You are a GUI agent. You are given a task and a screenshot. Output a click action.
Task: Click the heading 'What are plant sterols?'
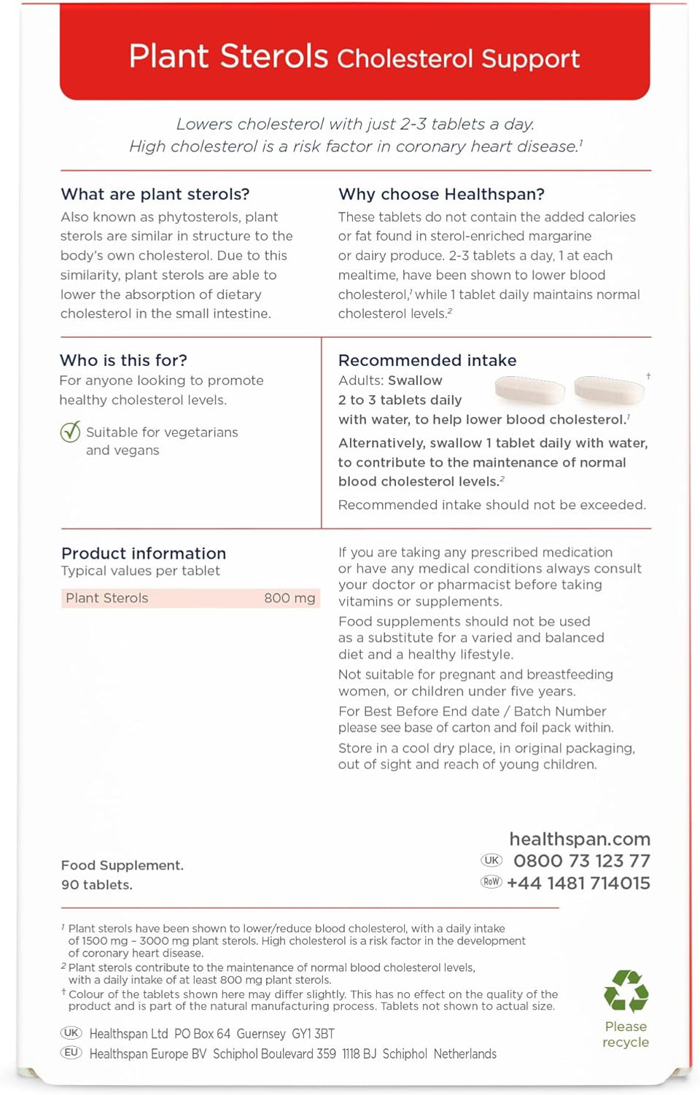click(155, 194)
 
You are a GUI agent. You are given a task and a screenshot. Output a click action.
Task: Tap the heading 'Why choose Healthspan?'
click(441, 194)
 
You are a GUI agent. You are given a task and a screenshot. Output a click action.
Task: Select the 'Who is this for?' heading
click(123, 360)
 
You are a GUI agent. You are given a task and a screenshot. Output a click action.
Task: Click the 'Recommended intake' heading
click(427, 360)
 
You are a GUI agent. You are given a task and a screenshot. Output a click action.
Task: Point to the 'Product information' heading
click(144, 553)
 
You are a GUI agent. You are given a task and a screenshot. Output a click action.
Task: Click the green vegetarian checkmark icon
click(71, 432)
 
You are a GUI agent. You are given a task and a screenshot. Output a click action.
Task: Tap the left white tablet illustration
click(530, 390)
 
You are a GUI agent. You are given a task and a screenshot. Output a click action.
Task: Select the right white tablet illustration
click(609, 390)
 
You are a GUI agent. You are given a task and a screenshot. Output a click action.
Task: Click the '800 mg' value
click(289, 598)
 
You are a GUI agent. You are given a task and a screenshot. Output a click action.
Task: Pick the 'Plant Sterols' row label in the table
click(107, 598)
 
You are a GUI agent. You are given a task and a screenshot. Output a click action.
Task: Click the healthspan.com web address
click(580, 839)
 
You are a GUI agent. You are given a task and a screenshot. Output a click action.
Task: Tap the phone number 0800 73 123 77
click(582, 861)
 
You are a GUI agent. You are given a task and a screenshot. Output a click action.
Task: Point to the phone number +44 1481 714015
click(578, 883)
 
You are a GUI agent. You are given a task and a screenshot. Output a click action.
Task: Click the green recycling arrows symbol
click(626, 991)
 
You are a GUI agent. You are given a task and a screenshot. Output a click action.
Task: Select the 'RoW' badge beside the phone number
click(491, 882)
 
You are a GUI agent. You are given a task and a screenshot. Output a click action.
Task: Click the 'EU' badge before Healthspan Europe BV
click(71, 1053)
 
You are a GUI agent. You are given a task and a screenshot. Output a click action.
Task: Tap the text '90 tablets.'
click(97, 884)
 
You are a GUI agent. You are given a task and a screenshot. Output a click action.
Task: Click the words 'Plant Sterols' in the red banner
click(228, 56)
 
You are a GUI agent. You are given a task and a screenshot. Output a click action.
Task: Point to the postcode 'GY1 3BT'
click(313, 1034)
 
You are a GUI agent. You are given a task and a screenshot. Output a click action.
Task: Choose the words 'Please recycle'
click(626, 1034)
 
